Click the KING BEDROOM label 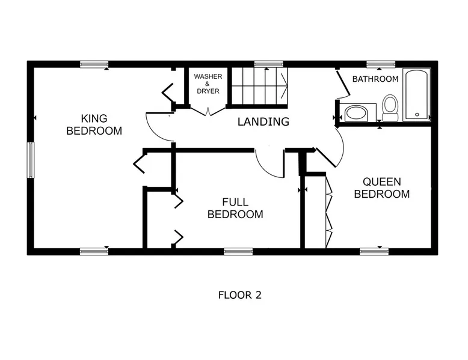click(x=94, y=124)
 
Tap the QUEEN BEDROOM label click(x=382, y=188)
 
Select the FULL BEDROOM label click(x=235, y=208)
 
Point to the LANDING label click(x=263, y=121)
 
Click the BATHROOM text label click(x=375, y=79)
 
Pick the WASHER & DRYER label click(x=208, y=84)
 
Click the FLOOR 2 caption click(x=239, y=295)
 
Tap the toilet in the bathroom click(x=390, y=108)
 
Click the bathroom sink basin click(x=356, y=114)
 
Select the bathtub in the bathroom click(x=416, y=95)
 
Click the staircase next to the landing click(x=259, y=86)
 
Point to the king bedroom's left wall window click(x=31, y=160)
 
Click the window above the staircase click(x=269, y=64)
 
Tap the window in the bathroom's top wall click(x=381, y=64)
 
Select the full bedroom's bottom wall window click(x=238, y=251)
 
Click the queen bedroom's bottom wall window click(x=374, y=251)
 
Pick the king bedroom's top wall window click(x=94, y=64)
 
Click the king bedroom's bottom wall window click(x=94, y=251)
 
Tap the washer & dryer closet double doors click(x=208, y=111)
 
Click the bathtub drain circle click(x=417, y=115)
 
